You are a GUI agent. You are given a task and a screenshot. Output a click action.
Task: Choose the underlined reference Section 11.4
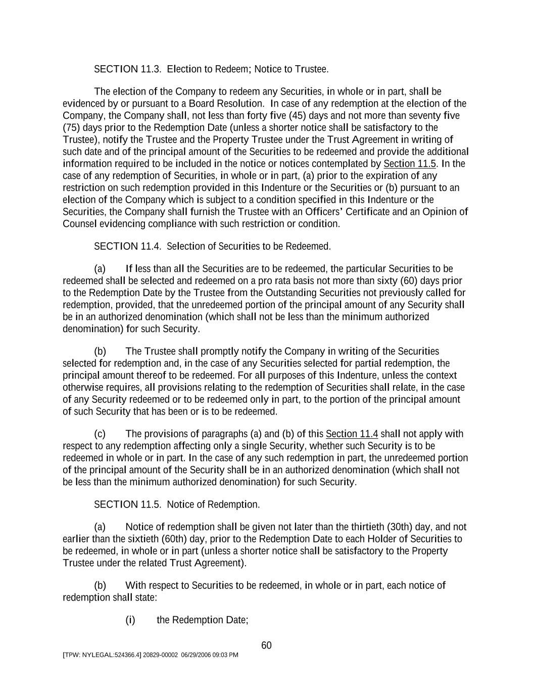click(x=352, y=434)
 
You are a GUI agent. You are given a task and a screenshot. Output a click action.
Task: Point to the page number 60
click(x=267, y=645)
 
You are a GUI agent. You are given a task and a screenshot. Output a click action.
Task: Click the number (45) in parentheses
click(x=300, y=115)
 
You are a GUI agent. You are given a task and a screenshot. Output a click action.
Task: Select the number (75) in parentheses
click(x=71, y=127)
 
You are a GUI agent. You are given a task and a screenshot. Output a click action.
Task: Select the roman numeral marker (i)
click(x=130, y=620)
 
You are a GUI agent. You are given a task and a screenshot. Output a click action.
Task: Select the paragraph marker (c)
click(x=100, y=434)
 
